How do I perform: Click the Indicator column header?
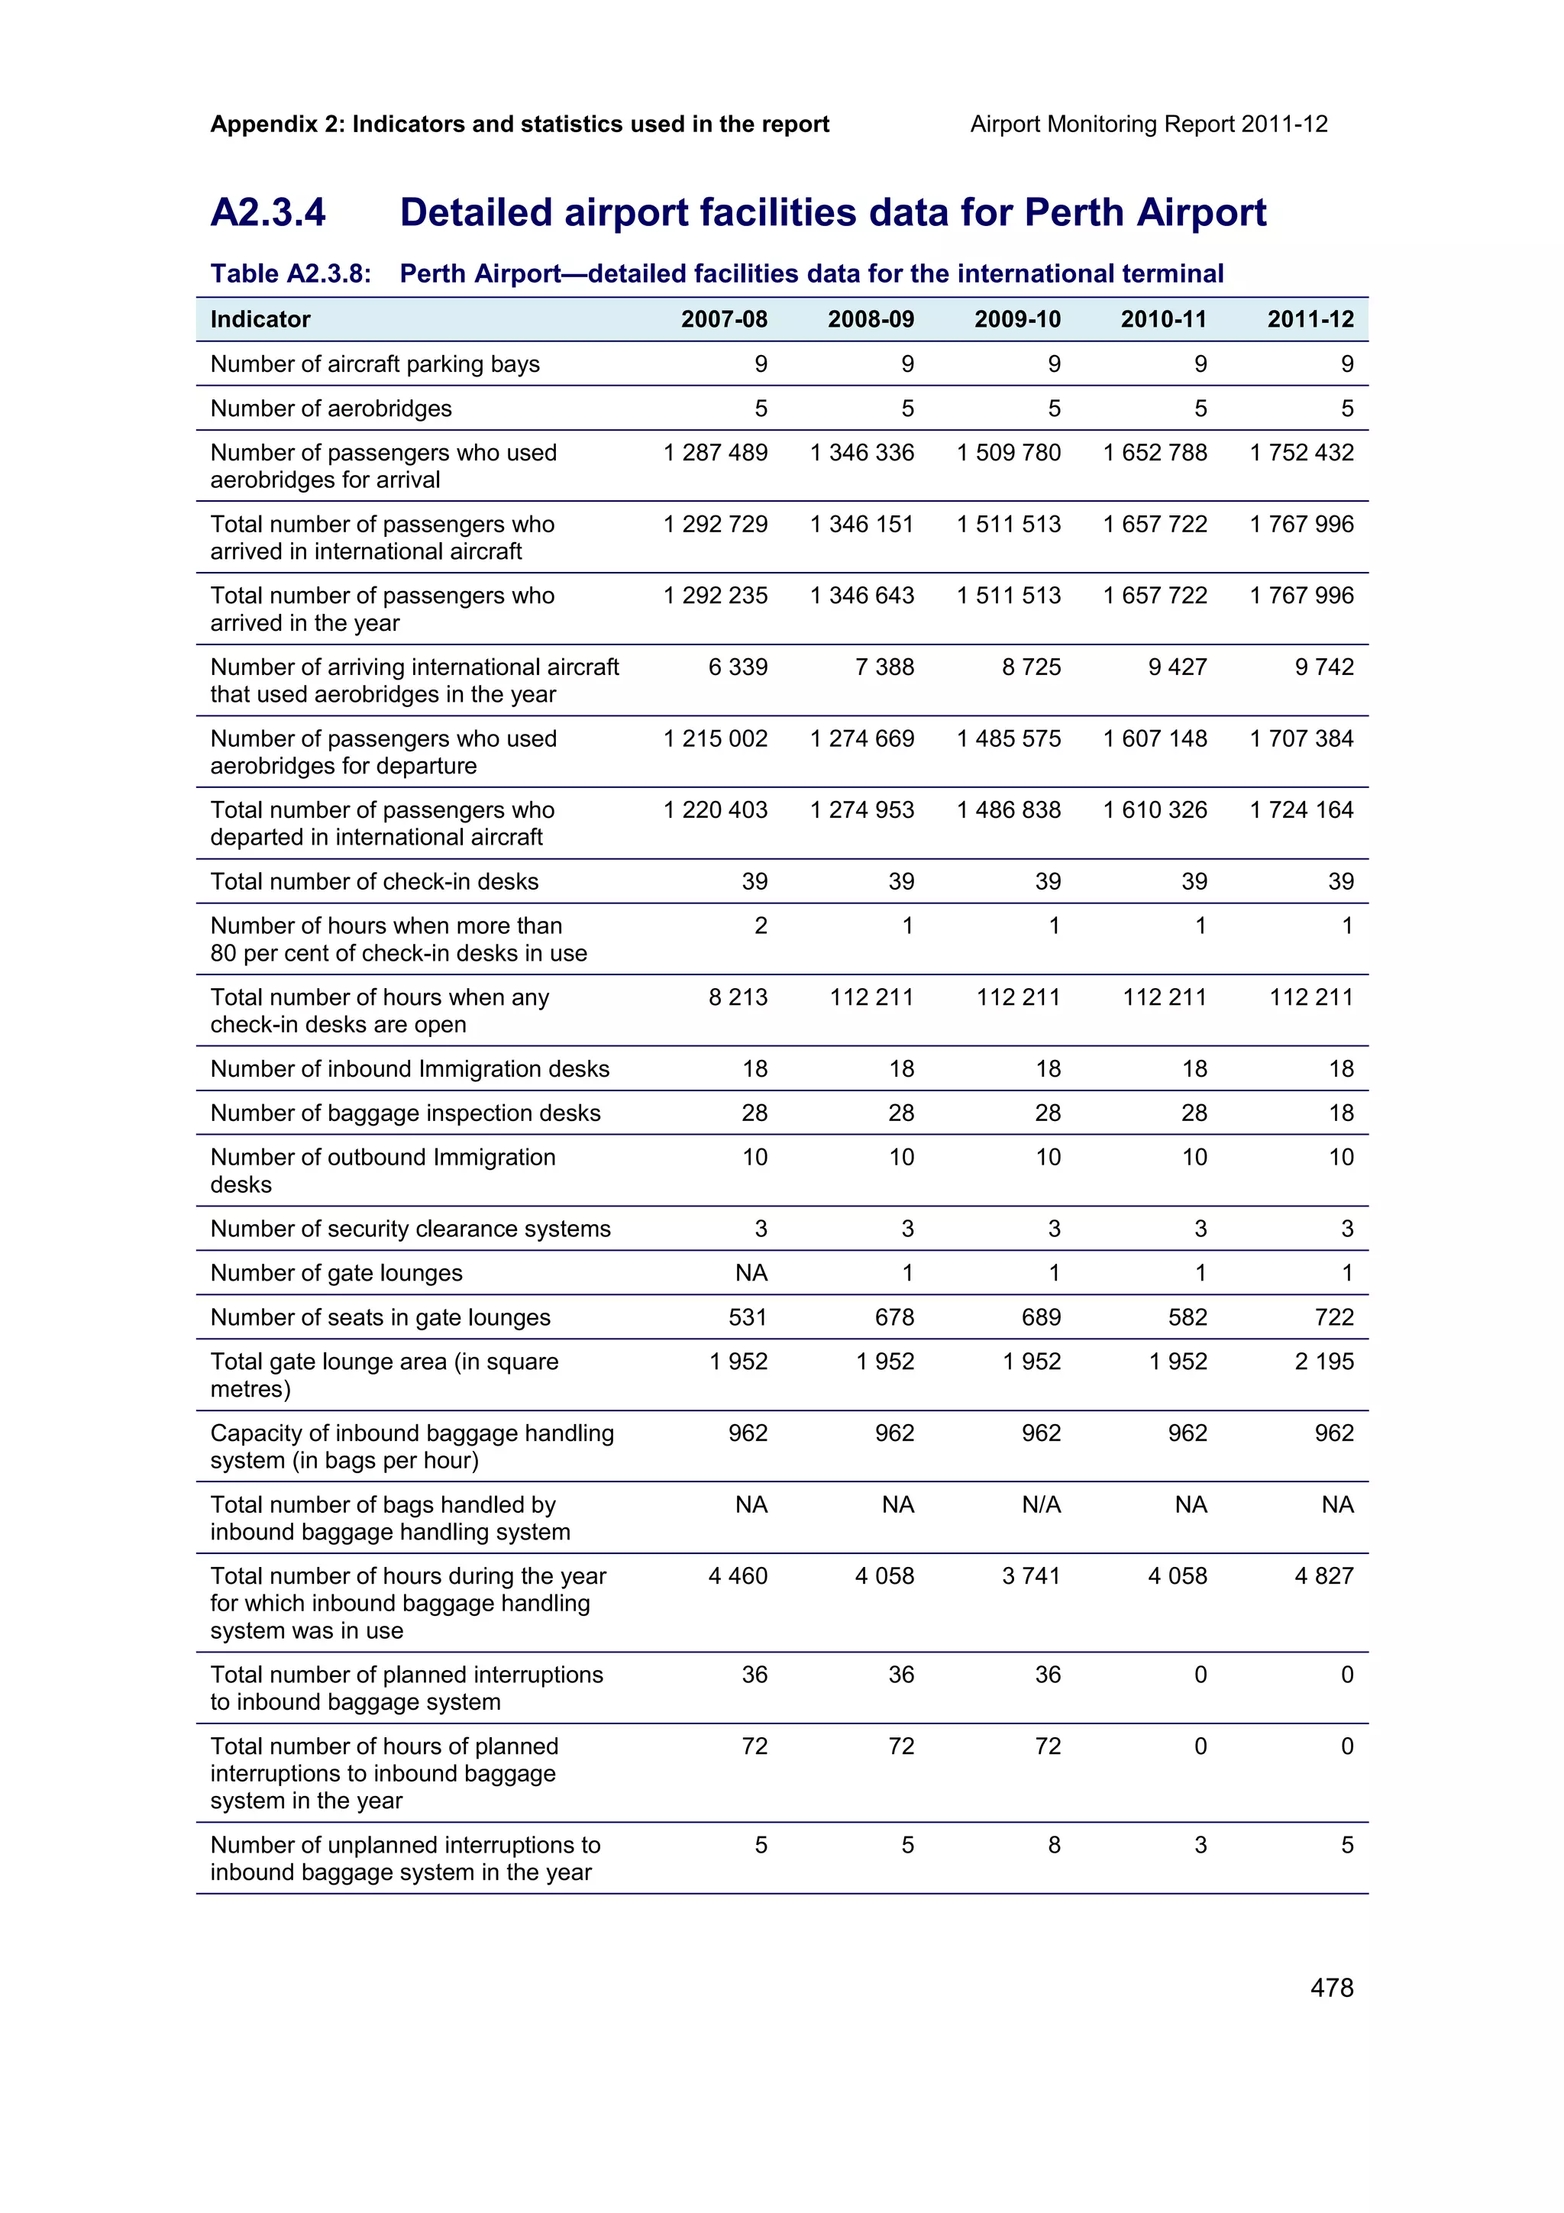[260, 319]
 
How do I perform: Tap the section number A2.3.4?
[268, 212]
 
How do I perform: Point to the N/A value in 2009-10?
[1041, 1504]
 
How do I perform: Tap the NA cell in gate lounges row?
[751, 1272]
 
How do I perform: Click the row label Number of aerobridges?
[331, 408]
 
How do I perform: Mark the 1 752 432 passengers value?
[1301, 452]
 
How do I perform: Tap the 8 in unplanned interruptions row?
[1053, 1845]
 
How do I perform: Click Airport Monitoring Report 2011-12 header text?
[1149, 124]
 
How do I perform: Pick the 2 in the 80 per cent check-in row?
[761, 926]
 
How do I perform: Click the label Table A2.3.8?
[290, 273]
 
